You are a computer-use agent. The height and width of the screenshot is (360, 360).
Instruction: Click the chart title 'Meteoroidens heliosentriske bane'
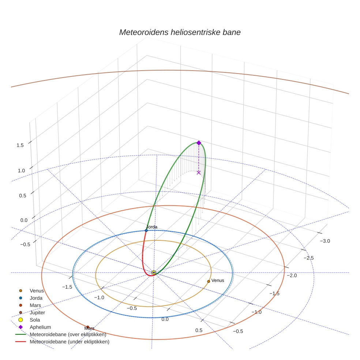180,32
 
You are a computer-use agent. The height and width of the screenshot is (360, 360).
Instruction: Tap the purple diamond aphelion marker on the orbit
199,143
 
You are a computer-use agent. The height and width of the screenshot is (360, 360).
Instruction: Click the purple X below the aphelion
199,172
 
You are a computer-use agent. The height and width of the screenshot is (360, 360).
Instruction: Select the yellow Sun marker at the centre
154,273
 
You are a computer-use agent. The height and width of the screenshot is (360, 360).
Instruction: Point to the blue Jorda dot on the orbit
146,230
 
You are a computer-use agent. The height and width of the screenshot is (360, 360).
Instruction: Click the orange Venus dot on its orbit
209,281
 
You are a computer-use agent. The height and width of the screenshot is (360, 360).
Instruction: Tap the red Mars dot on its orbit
88,327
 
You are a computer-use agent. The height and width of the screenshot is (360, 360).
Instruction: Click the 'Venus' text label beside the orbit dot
218,280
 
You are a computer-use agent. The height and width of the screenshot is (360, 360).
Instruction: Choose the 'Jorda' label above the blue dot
152,227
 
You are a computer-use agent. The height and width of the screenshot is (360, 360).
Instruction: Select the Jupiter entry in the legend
32,312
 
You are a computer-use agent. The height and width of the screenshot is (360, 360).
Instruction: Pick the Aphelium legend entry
35,327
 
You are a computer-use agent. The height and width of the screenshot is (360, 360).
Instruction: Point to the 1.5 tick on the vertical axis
20,145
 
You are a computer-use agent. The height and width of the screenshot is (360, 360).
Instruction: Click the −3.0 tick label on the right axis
325,241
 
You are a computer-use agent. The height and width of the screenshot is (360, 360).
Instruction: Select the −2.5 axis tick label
308,258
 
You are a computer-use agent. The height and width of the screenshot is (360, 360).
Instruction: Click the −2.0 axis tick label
292,275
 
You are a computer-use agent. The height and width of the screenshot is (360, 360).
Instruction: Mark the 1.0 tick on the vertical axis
21,170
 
